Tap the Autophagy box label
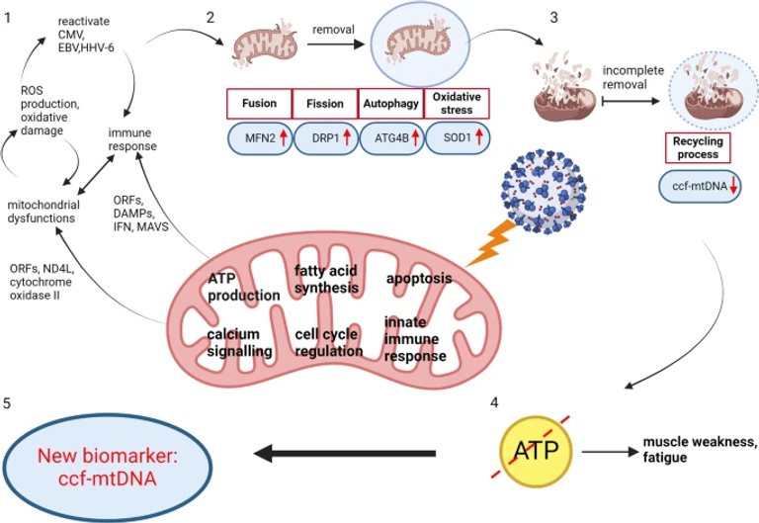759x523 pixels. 390,104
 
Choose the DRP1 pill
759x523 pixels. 326,136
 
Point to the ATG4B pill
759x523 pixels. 391,136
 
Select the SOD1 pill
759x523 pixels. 458,136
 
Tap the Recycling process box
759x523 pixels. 698,150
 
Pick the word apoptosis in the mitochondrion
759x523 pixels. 419,279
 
